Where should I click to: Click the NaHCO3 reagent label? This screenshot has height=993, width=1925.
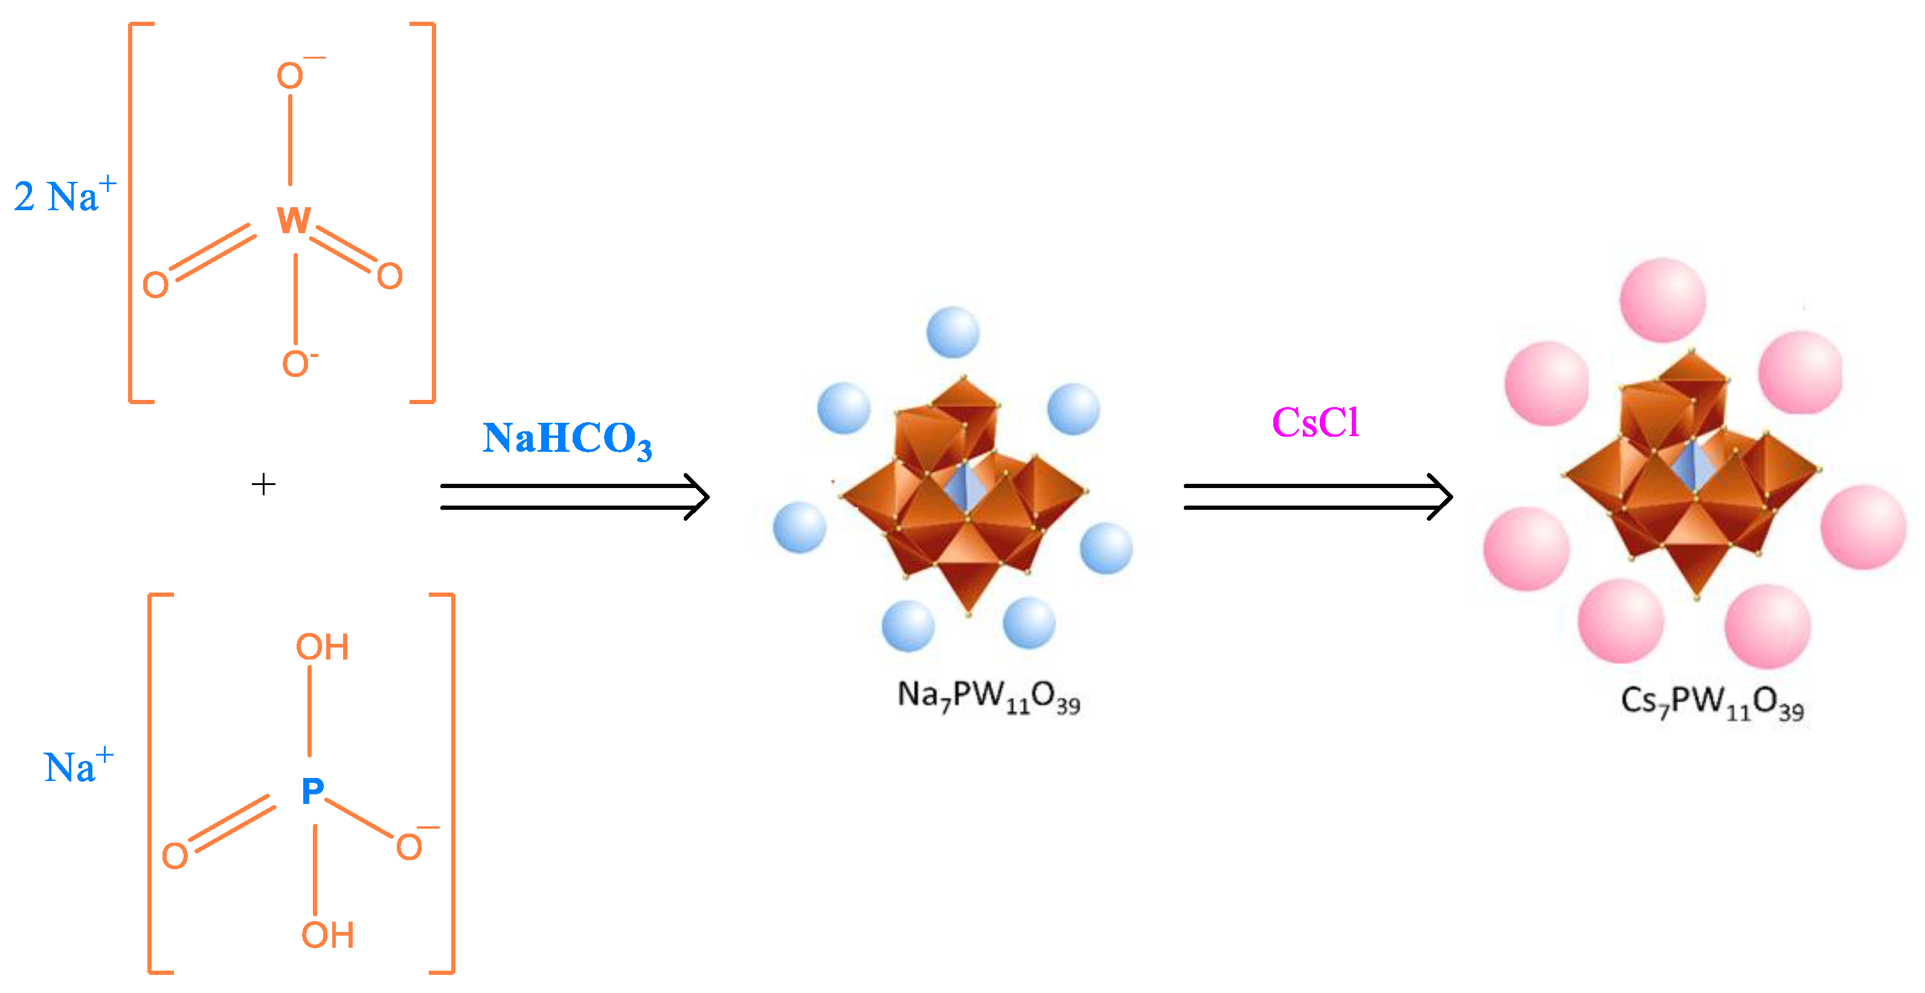coord(567,439)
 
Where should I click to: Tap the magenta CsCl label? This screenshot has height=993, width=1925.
coord(1315,422)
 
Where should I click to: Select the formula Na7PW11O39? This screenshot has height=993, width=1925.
coord(988,696)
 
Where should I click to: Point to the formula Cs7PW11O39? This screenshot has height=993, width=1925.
coord(1711,703)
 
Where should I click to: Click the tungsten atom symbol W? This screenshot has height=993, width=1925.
coord(294,220)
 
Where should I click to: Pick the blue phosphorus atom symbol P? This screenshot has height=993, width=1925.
coord(312,791)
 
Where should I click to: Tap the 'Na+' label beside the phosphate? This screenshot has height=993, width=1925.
coord(79,766)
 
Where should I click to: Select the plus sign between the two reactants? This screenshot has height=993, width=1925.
coord(263,484)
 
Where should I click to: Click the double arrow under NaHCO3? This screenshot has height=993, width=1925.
coord(574,497)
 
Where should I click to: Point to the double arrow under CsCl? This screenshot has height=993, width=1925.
coord(1317,497)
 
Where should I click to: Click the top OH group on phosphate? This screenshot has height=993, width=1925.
coord(322,647)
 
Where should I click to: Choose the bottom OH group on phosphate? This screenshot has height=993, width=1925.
coord(327,935)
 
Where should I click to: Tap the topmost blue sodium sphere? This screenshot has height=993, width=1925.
coord(953,332)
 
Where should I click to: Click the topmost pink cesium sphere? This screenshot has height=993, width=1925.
coord(1663,300)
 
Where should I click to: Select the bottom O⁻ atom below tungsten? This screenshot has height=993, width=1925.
coord(297,364)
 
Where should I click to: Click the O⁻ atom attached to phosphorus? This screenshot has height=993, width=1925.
coord(410,847)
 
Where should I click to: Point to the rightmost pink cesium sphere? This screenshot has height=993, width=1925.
coord(1863,527)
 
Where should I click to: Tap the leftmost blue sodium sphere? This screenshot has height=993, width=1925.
coord(799,527)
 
